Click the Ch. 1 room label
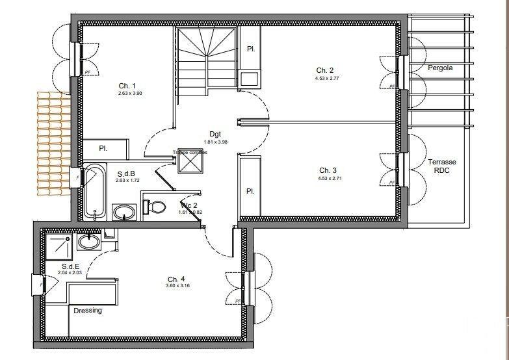tap(127, 86)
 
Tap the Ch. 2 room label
tap(325, 70)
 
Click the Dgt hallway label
tap(216, 134)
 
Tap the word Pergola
tap(440, 68)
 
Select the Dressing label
tap(88, 310)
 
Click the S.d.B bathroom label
tap(126, 174)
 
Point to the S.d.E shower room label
tap(70, 266)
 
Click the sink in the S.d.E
tap(88, 242)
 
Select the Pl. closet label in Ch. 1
tap(103, 149)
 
